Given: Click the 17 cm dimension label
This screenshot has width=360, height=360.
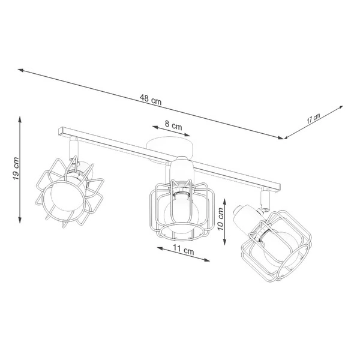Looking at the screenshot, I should pyautogui.click(x=313, y=118).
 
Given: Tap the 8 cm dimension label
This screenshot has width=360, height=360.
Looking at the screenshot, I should pyautogui.click(x=173, y=126).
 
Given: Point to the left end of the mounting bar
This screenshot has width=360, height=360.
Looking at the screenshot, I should pyautogui.click(x=61, y=130).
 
